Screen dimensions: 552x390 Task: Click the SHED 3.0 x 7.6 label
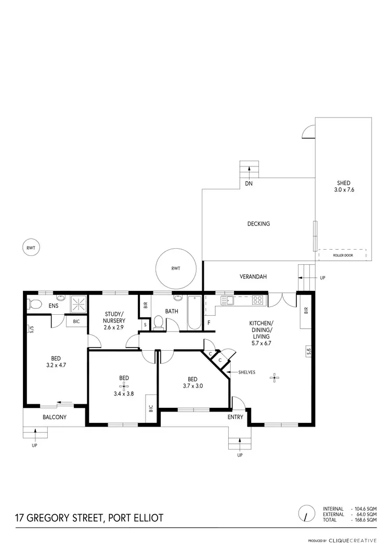(x=343, y=186)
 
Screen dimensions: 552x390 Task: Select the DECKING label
(x=258, y=224)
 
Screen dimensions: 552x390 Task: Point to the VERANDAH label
(x=253, y=277)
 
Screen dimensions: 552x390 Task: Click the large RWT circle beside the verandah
(x=176, y=268)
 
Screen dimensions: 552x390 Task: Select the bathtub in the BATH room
(x=194, y=312)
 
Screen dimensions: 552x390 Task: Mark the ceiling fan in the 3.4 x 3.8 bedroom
(x=124, y=386)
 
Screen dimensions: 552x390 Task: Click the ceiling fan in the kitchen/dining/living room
(x=276, y=378)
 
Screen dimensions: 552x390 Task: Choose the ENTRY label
(x=236, y=417)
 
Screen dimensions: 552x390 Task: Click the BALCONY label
(x=55, y=417)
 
